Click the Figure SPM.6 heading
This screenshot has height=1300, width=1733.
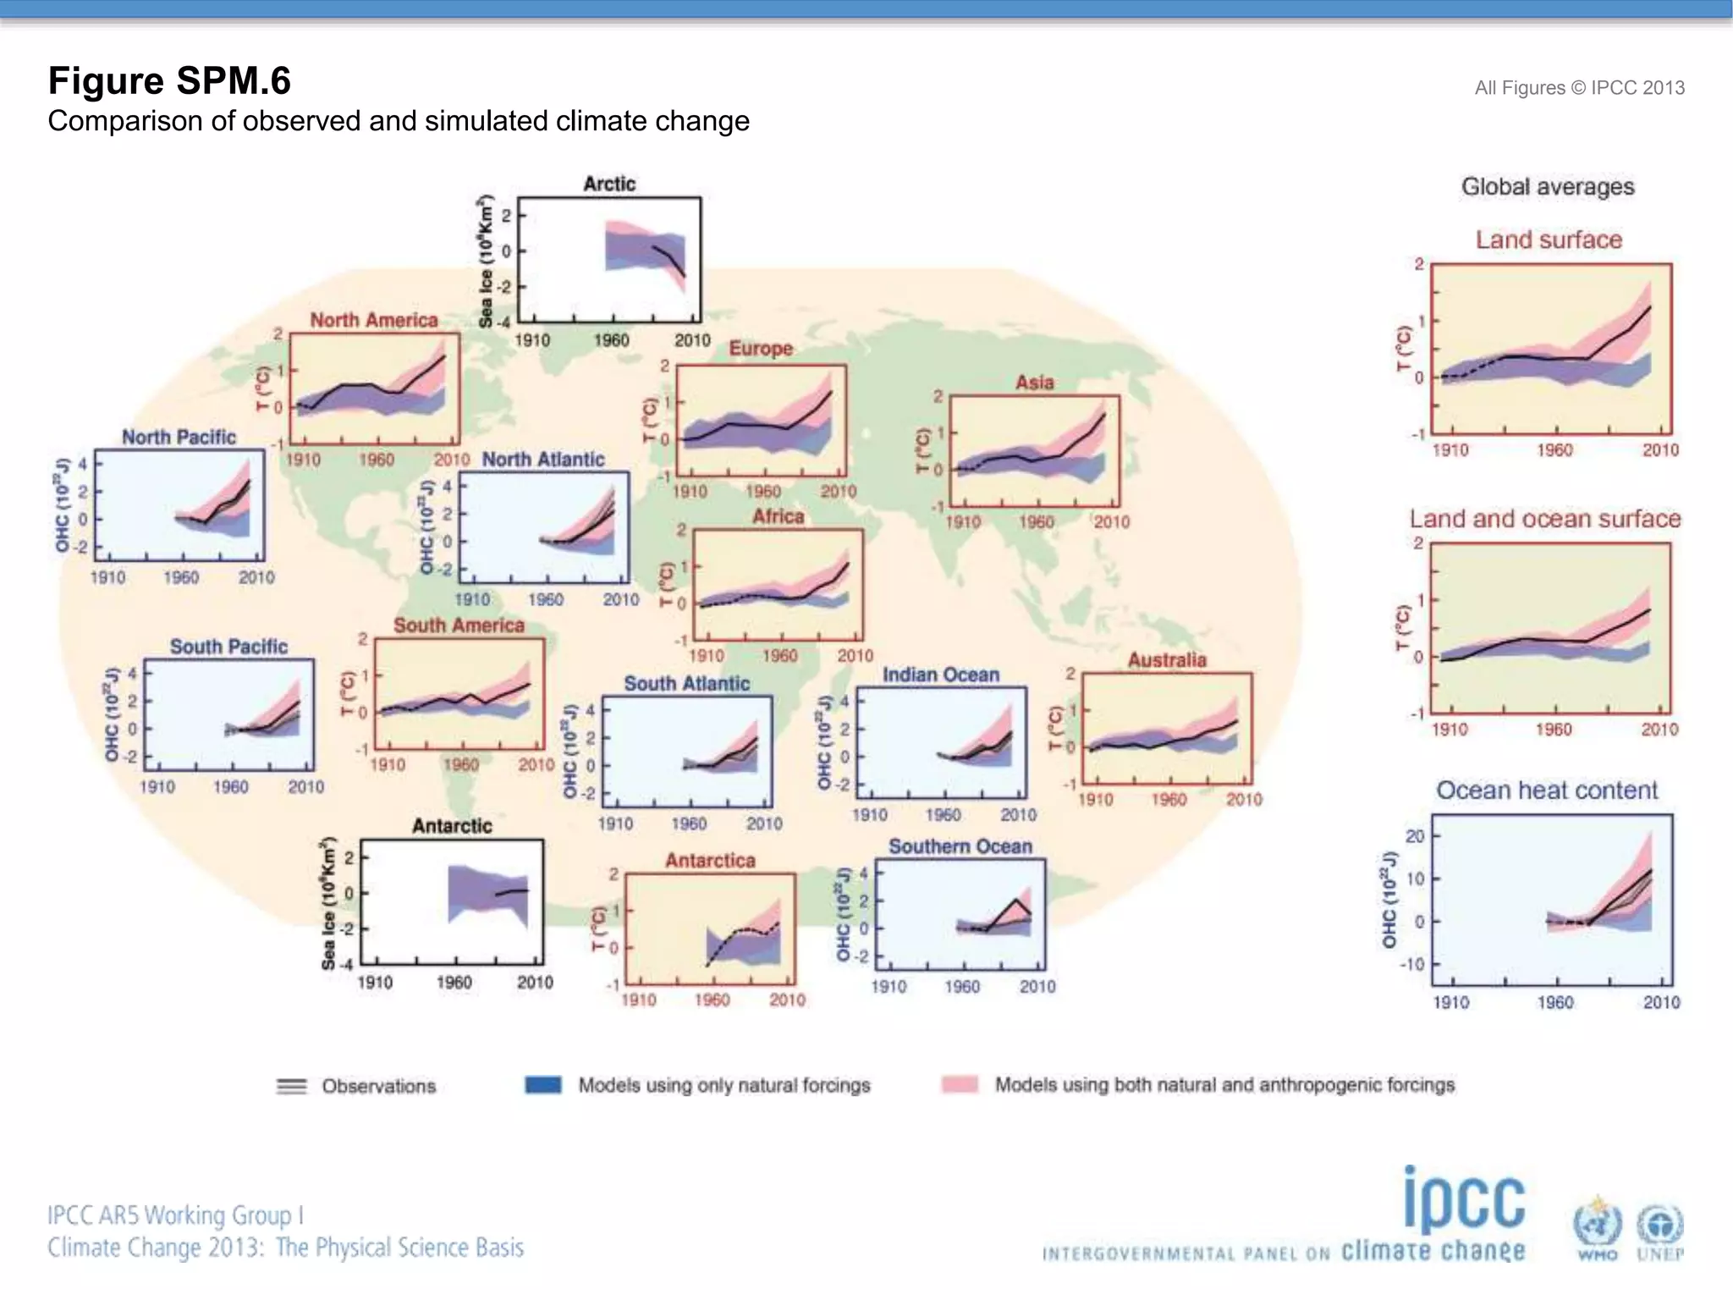pos(169,81)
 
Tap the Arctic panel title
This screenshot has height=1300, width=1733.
pos(609,184)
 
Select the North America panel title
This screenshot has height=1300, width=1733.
pos(374,320)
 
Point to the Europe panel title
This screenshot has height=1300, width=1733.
pos(761,348)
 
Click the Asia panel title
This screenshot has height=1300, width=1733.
pos(1035,383)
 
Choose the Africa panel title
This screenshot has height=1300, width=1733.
pos(778,516)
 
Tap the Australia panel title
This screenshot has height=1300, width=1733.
pos(1167,660)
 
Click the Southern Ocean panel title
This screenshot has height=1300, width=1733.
pos(960,846)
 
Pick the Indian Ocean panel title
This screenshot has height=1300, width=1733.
pos(941,675)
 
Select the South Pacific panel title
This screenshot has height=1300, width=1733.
pos(228,647)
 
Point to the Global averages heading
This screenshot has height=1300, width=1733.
pos(1548,187)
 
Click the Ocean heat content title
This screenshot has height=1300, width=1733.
pos(1547,790)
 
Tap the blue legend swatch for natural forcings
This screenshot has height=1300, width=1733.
pos(543,1085)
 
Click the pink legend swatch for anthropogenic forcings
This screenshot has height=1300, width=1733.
pos(960,1085)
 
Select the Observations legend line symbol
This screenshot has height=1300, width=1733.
pos(292,1086)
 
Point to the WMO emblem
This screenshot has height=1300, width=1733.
pos(1597,1224)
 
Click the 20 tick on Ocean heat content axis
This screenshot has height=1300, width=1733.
pos(1415,836)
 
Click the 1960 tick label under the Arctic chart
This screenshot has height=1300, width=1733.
pos(611,340)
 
